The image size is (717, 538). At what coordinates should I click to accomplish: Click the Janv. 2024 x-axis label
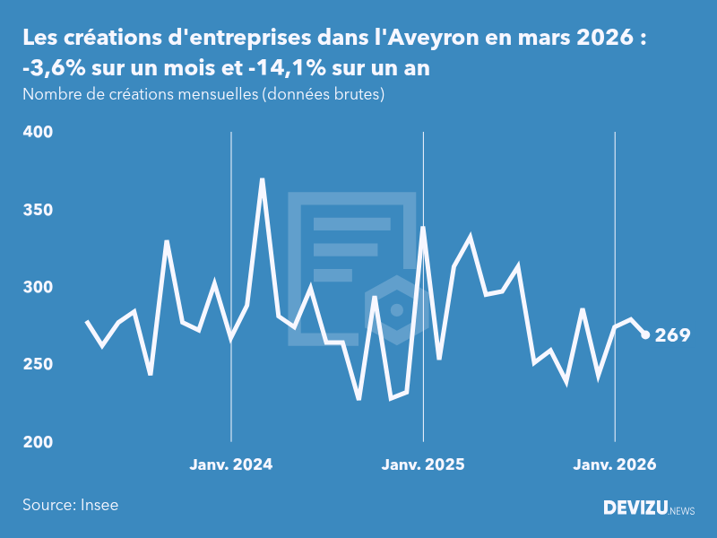(x=231, y=464)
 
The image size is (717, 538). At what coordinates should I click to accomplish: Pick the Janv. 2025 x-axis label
(x=423, y=464)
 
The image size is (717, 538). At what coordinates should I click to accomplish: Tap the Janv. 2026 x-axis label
(x=615, y=464)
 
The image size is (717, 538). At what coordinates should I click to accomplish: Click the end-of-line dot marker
(x=645, y=335)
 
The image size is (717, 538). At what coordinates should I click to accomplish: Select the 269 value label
(x=672, y=336)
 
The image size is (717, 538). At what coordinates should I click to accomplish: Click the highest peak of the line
(x=262, y=179)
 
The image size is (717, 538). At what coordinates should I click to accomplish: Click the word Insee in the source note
(x=99, y=505)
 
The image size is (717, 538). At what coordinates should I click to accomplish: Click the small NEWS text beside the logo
(x=682, y=510)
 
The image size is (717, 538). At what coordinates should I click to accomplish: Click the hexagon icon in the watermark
(x=396, y=310)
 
